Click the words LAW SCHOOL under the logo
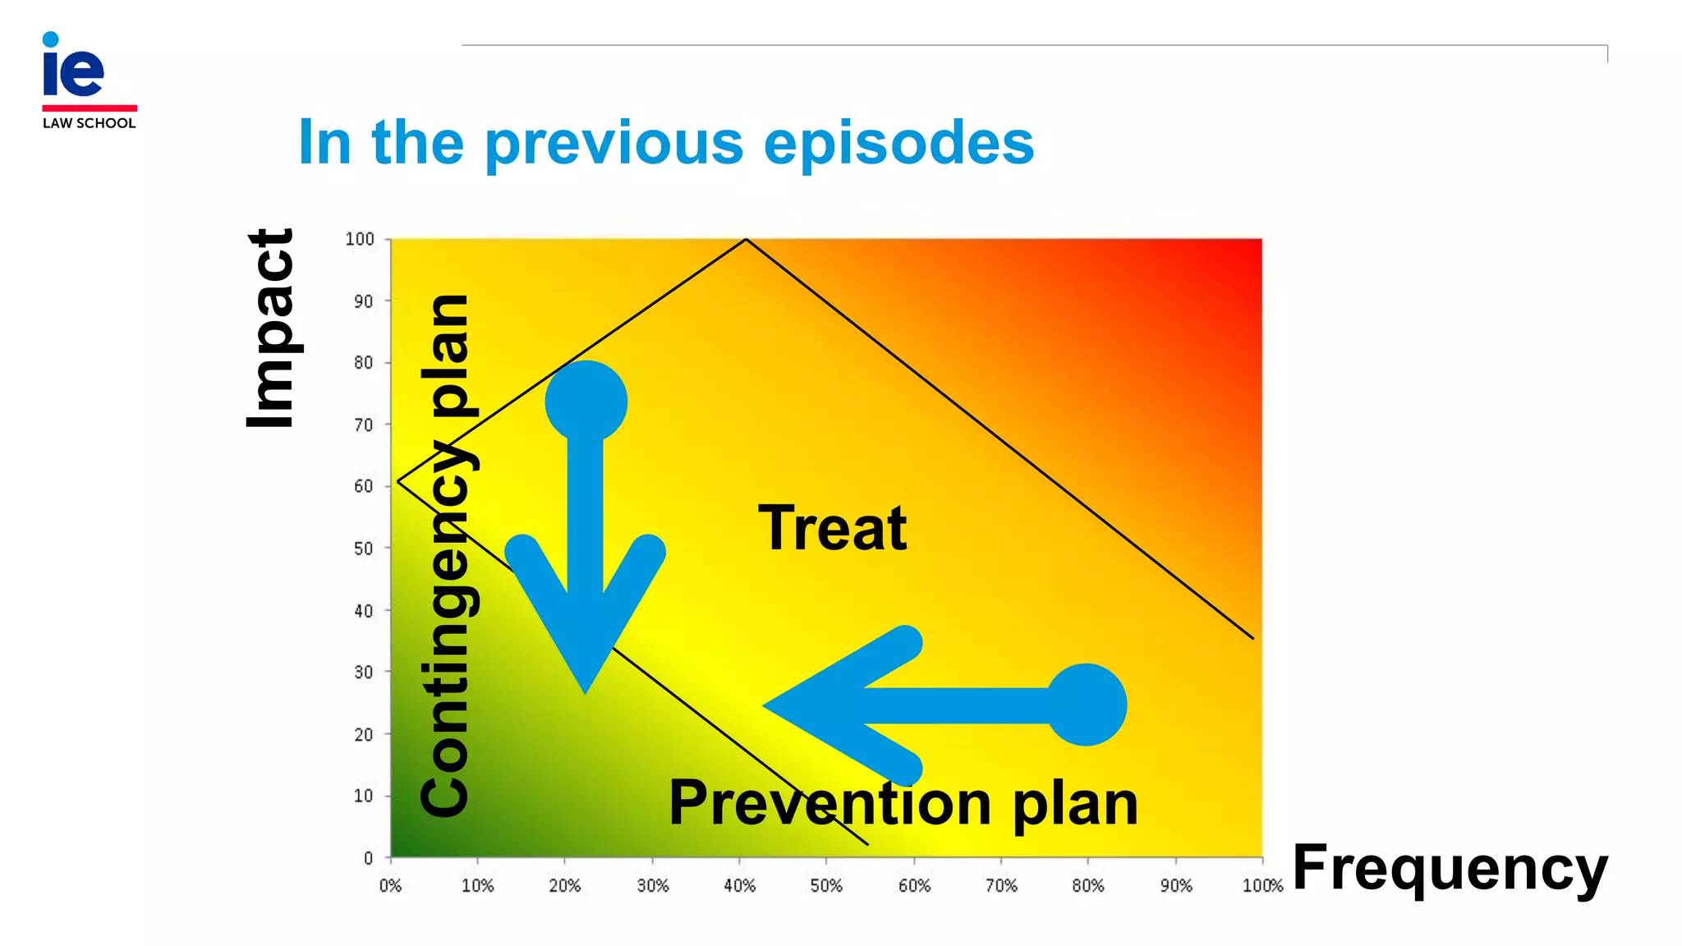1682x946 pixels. [x=89, y=123]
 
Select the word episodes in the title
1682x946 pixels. [x=898, y=144]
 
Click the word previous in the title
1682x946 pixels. [x=614, y=144]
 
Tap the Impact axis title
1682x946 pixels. [x=270, y=328]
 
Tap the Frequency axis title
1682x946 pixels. [x=1449, y=868]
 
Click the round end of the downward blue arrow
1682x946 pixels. [x=586, y=402]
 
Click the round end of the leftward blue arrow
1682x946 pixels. [x=1086, y=705]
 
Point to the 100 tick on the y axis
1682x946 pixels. [x=360, y=239]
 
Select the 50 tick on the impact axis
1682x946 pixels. [x=363, y=549]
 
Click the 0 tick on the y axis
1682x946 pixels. [x=368, y=858]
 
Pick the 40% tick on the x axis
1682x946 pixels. [x=739, y=886]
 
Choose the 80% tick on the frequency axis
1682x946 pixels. [x=1087, y=886]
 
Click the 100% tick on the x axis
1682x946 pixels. [x=1261, y=886]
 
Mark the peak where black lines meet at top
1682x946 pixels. [x=746, y=239]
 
